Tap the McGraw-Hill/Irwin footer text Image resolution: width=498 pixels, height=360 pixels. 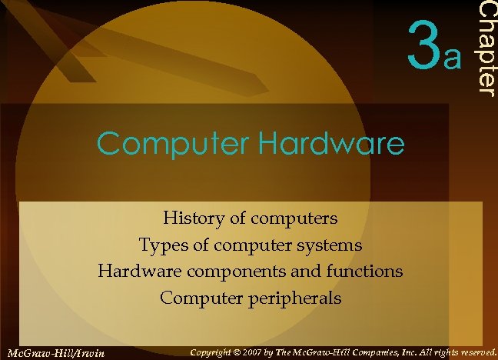(x=55, y=353)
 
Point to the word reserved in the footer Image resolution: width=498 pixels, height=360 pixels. (x=475, y=352)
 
